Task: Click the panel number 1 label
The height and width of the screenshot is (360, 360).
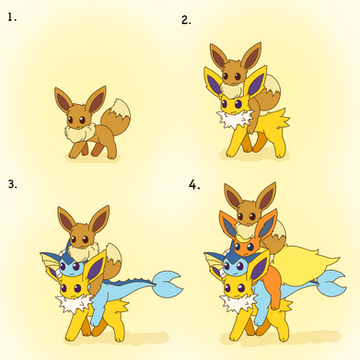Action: coord(12,17)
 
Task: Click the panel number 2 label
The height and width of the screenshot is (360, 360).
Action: coord(186,20)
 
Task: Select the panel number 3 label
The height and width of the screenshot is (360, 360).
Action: coord(13,184)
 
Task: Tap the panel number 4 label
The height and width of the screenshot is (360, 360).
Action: coord(194,184)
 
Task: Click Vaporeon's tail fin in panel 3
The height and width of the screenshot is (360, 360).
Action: coord(168,283)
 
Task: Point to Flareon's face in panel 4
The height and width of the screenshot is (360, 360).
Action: coord(246,247)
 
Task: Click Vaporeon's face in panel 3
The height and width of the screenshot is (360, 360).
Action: coord(71,266)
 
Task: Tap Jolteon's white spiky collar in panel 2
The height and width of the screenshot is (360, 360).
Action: coord(235,119)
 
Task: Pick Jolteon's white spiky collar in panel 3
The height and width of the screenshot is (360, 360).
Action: coord(75,303)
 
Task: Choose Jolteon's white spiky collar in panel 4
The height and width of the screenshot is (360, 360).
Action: coord(238,303)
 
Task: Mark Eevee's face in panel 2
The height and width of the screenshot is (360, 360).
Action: coord(233,74)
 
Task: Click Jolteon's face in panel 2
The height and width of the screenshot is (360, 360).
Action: coord(234,103)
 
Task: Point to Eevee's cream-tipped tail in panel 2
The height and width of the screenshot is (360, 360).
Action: coord(271,90)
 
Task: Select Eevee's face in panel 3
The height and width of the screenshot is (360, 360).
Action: coord(81,237)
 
